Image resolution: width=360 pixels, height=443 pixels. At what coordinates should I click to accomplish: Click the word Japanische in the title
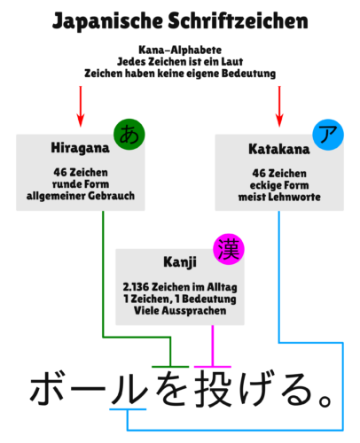107,21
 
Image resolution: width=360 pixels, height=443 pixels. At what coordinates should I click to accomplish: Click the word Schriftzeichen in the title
239,20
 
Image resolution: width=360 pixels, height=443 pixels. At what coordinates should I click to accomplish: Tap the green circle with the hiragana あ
129,135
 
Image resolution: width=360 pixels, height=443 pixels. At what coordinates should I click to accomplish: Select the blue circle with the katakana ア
328,135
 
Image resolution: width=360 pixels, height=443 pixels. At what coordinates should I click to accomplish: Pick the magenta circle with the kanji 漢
229,249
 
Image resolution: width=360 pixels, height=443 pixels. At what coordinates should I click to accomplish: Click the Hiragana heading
80,148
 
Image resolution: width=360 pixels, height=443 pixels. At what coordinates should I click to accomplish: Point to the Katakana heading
279,149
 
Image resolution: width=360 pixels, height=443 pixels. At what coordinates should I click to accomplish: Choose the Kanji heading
180,262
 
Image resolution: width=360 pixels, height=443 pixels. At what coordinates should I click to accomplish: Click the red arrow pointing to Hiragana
81,106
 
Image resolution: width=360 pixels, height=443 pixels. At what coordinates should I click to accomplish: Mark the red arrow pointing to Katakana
279,106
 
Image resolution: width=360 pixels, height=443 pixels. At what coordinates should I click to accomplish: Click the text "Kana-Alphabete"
180,50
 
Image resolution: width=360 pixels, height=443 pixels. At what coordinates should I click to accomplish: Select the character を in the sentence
171,389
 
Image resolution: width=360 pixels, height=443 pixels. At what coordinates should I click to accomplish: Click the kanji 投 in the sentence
213,389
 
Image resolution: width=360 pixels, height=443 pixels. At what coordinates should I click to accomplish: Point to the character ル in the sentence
129,389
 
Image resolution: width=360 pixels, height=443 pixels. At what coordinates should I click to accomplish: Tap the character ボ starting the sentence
47,387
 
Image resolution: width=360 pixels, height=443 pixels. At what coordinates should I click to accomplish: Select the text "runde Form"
81,184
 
